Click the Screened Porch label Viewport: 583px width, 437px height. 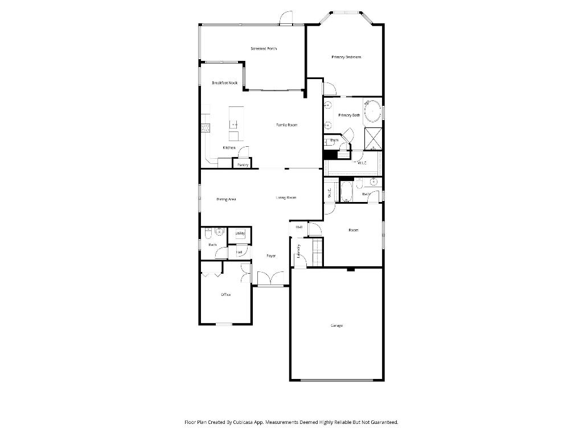click(264, 49)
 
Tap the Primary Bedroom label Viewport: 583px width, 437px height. click(346, 57)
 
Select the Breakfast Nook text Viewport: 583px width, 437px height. click(224, 83)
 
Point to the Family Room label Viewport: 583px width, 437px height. click(287, 125)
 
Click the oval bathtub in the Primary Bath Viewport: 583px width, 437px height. click(373, 110)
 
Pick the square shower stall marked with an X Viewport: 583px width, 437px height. click(373, 138)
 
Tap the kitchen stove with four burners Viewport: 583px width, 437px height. click(205, 128)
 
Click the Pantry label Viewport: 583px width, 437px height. click(243, 165)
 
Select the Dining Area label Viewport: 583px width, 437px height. click(226, 199)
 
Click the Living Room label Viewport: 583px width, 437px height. click(286, 197)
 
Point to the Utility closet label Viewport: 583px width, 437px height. click(240, 233)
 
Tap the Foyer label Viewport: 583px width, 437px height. click(271, 256)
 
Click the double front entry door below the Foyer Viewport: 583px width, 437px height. click(270, 279)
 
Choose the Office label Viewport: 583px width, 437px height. click(225, 294)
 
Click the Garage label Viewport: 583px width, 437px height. click(336, 325)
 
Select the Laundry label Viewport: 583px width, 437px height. click(298, 252)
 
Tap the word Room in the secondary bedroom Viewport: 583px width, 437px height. click(354, 230)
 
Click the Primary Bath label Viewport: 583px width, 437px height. click(349, 116)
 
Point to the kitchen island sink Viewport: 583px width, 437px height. click(234, 123)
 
